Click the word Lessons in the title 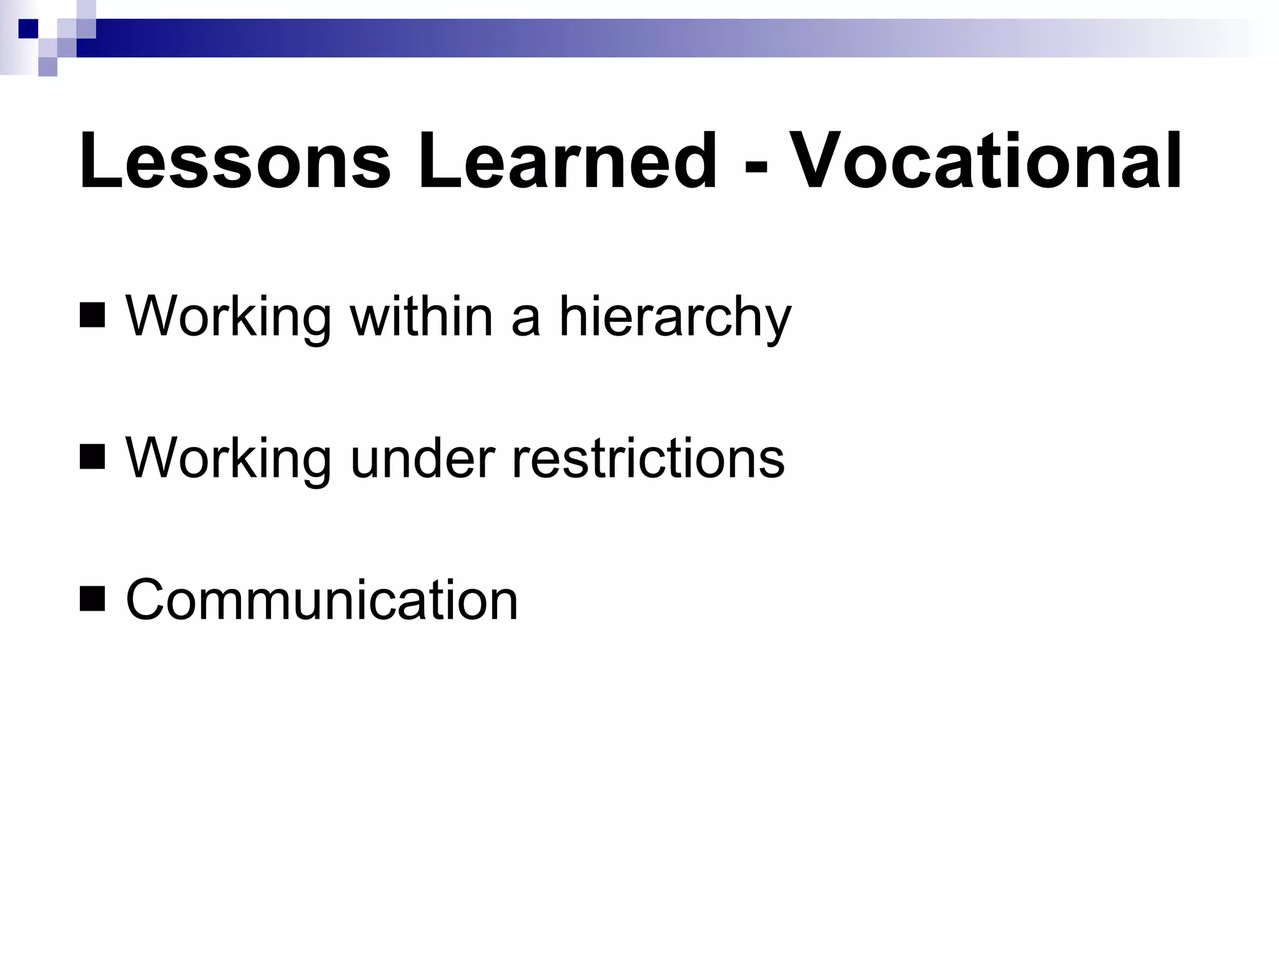(x=234, y=161)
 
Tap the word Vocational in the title (x=988, y=161)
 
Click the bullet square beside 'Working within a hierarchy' (x=92, y=316)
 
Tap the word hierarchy (x=674, y=317)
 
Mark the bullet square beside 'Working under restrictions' (x=92, y=457)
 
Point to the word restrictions (x=648, y=458)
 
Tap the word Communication (x=322, y=600)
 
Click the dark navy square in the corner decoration (x=28, y=29)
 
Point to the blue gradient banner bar (x=625, y=37)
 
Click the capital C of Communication (x=147, y=600)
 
